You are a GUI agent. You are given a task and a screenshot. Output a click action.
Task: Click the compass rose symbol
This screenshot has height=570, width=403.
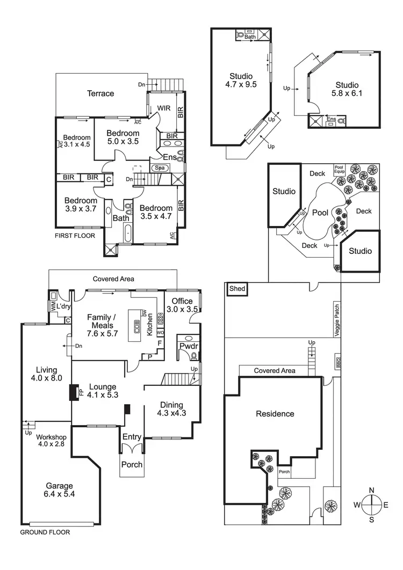click(x=371, y=505)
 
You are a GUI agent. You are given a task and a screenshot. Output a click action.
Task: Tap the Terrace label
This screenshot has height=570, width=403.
click(x=100, y=93)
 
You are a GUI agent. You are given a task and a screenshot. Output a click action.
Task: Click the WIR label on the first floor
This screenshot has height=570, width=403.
click(x=164, y=108)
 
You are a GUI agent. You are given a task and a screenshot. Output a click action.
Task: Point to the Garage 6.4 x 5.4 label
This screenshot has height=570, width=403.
click(x=60, y=490)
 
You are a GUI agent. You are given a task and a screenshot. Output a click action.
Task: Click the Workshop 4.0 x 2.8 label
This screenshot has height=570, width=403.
click(x=52, y=441)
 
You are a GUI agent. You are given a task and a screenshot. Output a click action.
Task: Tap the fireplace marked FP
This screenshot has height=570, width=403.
click(x=73, y=392)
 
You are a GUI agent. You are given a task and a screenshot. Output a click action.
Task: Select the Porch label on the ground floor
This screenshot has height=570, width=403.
click(x=132, y=464)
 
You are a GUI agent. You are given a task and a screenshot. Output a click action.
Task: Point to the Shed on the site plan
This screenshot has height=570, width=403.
click(x=237, y=289)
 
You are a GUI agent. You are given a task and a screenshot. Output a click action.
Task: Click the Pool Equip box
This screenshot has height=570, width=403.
click(x=340, y=169)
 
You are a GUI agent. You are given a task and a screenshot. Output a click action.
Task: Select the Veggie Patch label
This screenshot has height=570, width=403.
click(x=337, y=318)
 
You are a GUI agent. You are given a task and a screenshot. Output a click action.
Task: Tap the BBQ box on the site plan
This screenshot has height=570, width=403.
click(x=339, y=363)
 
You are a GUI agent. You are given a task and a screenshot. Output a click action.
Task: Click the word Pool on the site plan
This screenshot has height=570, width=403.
click(x=320, y=213)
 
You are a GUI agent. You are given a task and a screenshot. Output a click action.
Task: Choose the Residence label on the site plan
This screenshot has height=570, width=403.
click(x=275, y=414)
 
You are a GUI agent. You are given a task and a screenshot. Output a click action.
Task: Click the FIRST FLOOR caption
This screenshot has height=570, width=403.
click(x=75, y=236)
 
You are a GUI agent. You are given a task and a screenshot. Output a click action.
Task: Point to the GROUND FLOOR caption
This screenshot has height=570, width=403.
click(x=45, y=533)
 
